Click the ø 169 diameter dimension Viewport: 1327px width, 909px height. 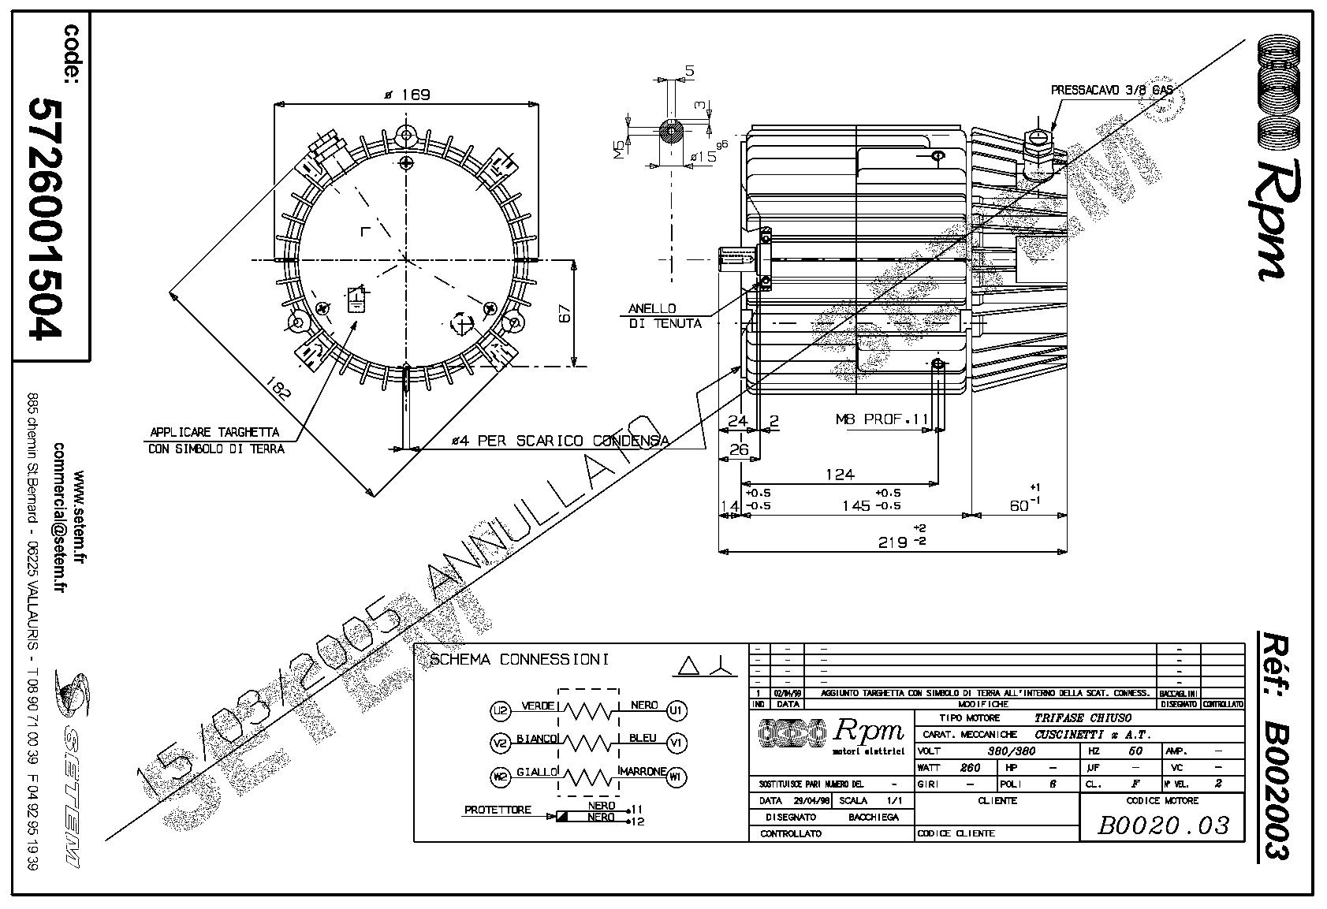407,95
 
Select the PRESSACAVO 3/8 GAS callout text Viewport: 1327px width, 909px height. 1112,91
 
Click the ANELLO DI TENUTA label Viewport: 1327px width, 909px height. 665,316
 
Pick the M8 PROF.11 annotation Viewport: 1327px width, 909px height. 882,419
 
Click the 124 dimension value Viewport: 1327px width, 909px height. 840,475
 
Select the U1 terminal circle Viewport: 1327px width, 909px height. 676,710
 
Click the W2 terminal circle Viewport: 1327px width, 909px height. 500,777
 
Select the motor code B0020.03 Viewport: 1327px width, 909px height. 1162,825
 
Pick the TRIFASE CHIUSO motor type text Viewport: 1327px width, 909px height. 1082,718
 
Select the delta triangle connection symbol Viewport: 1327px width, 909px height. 688,666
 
